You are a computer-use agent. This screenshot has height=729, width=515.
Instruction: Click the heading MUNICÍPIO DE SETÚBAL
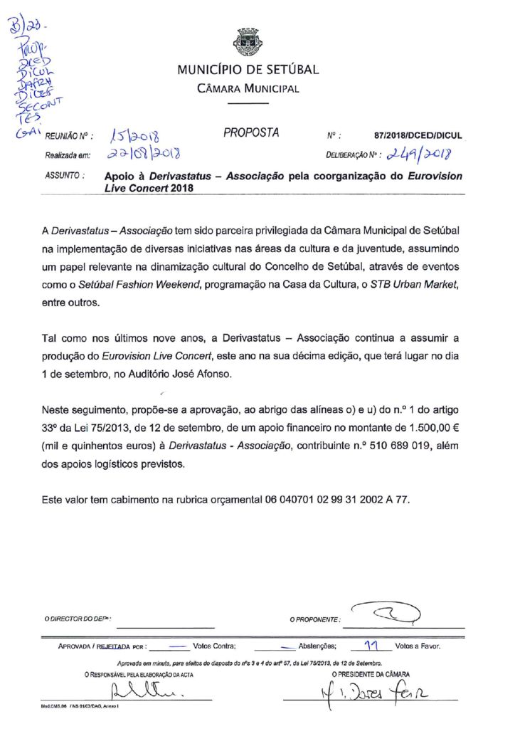click(248, 70)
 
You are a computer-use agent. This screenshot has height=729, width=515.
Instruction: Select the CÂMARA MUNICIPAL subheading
click(248, 89)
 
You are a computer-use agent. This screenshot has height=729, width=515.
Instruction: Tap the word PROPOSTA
click(251, 132)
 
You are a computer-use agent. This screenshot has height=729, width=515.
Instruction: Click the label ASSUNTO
click(65, 174)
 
